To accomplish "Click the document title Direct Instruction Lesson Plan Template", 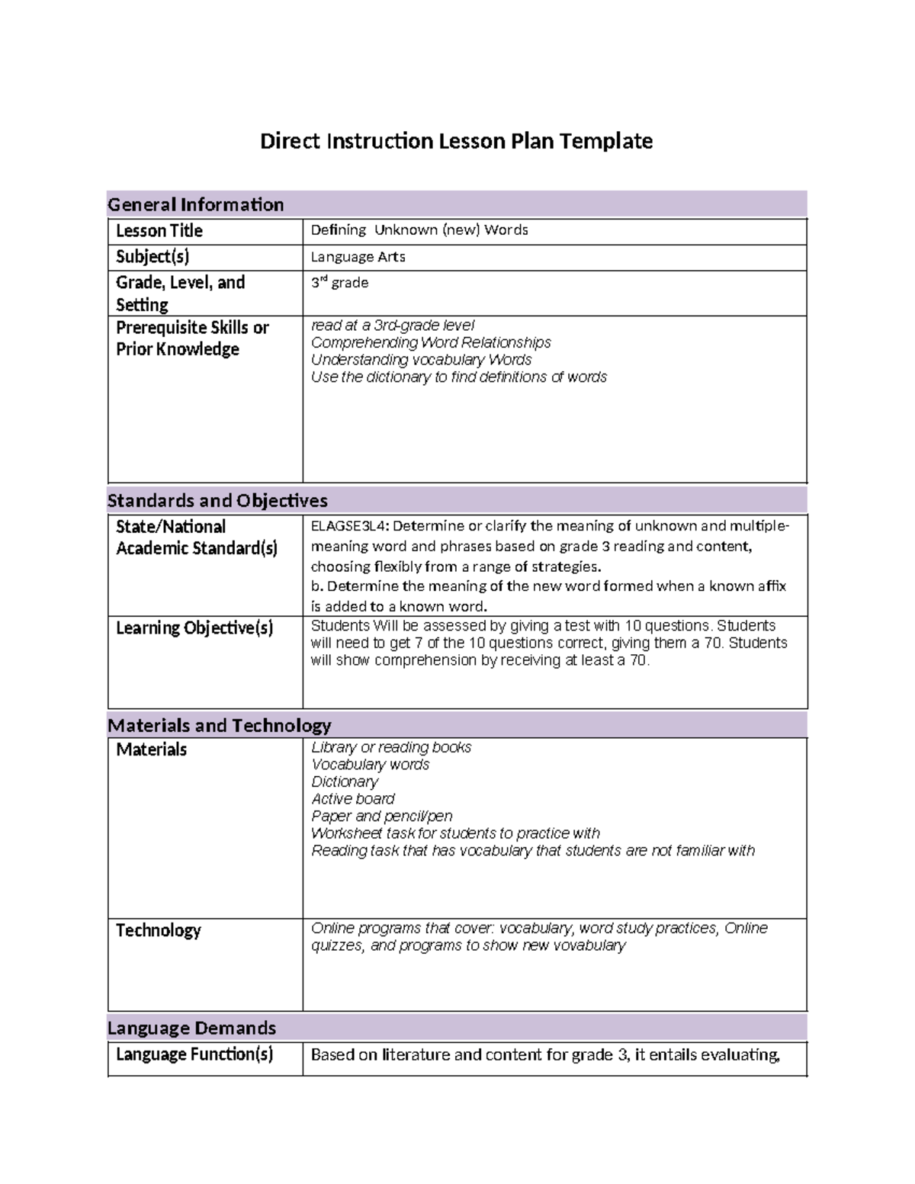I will [x=456, y=141].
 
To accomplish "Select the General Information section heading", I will [x=195, y=204].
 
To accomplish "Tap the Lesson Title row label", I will [x=159, y=230].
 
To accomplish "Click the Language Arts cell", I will [x=358, y=257].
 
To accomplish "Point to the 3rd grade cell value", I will [x=339, y=283].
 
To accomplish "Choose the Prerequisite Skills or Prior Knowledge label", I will [x=191, y=338].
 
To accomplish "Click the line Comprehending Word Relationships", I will [x=430, y=342].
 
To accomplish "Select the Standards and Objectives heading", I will [x=217, y=500].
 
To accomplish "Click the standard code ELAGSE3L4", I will [x=349, y=526].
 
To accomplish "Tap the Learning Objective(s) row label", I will [x=194, y=627].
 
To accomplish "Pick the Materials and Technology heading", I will [x=219, y=725].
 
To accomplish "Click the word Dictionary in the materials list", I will [x=344, y=781].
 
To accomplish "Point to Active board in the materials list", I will [x=352, y=799].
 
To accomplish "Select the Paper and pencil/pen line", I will [x=381, y=816].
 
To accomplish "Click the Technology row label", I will [x=158, y=930].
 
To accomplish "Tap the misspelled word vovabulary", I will [x=587, y=945].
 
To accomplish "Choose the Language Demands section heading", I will [x=191, y=1028].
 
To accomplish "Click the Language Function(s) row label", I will [x=194, y=1054].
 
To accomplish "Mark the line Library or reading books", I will [x=390, y=747].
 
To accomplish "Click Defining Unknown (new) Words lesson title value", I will [x=419, y=230].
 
